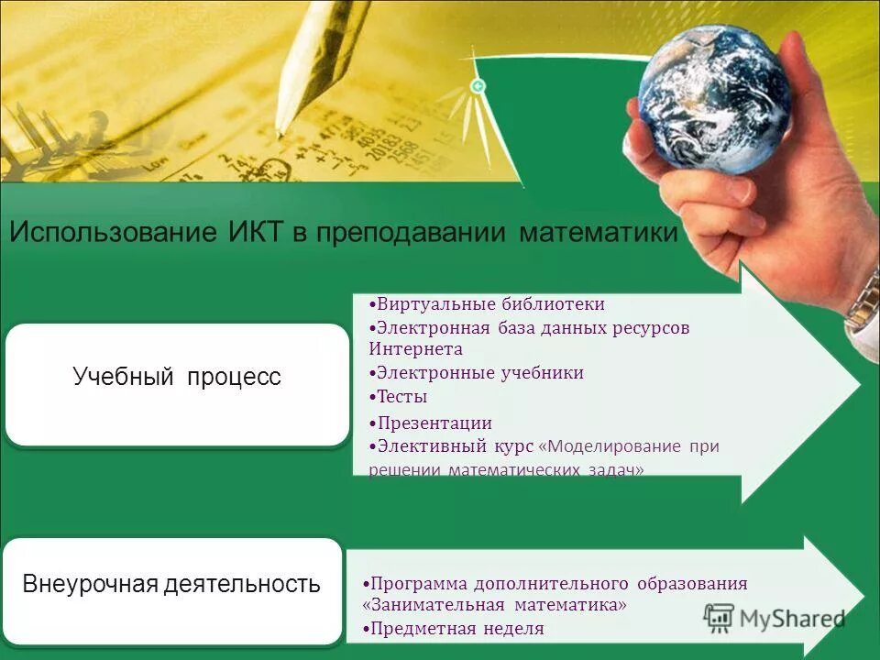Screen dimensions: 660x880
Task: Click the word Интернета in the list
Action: coord(415,349)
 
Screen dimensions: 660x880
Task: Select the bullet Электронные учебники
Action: coord(480,373)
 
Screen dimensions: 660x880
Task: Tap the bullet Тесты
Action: coord(401,397)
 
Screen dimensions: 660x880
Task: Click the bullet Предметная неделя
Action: coord(453,629)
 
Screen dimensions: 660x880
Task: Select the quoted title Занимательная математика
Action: coord(495,605)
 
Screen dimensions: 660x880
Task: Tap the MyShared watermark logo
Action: coord(775,618)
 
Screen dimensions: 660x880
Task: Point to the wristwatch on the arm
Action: coord(863,302)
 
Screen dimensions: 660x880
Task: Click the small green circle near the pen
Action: coord(477,86)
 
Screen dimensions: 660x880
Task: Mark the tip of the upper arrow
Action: coord(860,384)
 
